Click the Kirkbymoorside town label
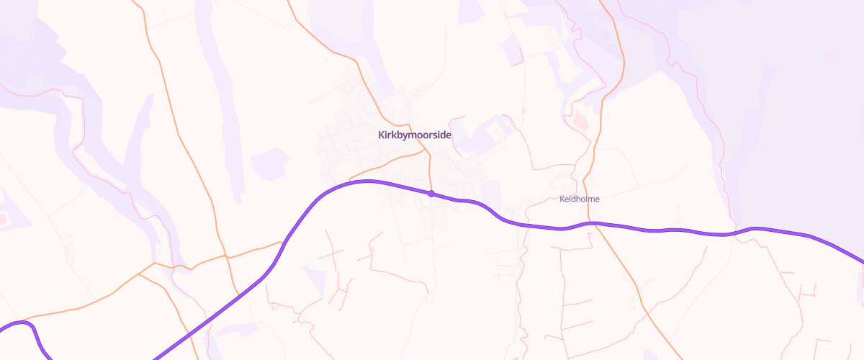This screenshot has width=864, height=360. pyautogui.click(x=414, y=135)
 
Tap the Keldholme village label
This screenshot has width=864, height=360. pyautogui.click(x=580, y=199)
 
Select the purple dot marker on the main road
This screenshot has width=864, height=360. pyautogui.click(x=431, y=193)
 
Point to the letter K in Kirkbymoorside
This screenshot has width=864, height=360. pyautogui.click(x=382, y=135)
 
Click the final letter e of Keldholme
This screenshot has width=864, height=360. pyautogui.click(x=597, y=199)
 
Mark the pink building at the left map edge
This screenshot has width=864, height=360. pyautogui.click(x=3, y=217)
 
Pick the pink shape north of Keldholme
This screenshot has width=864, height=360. pyautogui.click(x=582, y=120)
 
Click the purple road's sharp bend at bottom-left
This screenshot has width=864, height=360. pyautogui.click(x=29, y=325)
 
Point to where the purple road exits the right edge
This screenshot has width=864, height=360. pyautogui.click(x=861, y=261)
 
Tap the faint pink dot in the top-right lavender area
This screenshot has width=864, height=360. pyautogui.click(x=829, y=54)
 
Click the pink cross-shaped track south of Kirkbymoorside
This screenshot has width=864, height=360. pyautogui.click(x=333, y=252)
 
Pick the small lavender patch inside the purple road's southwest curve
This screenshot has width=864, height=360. pyautogui.click(x=315, y=278)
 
